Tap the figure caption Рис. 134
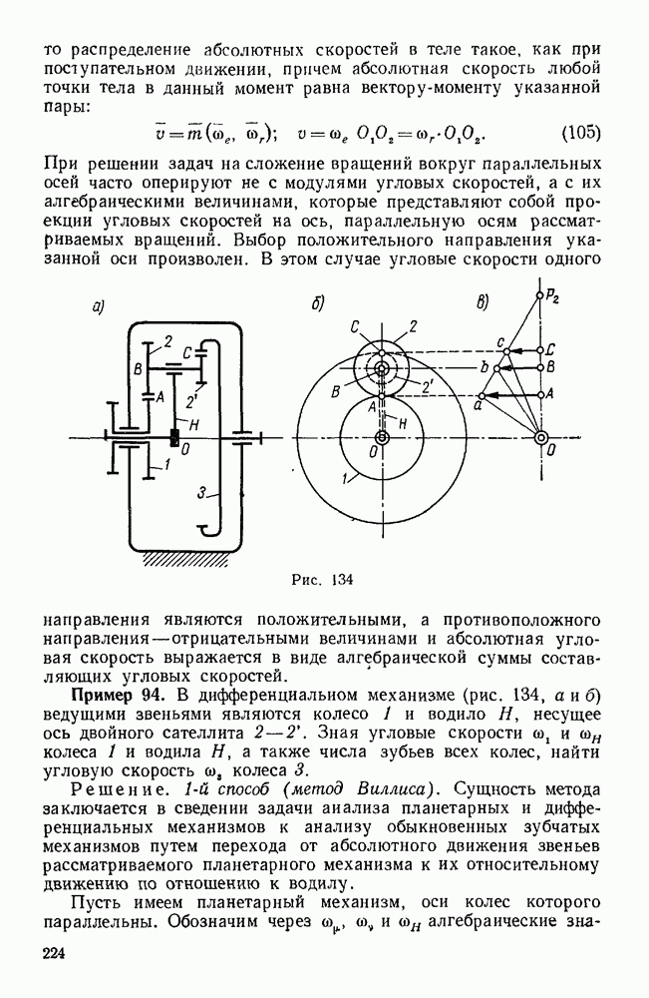(324, 578)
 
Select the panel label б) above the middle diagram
(318, 306)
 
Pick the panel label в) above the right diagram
(483, 304)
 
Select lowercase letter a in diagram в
(479, 407)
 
